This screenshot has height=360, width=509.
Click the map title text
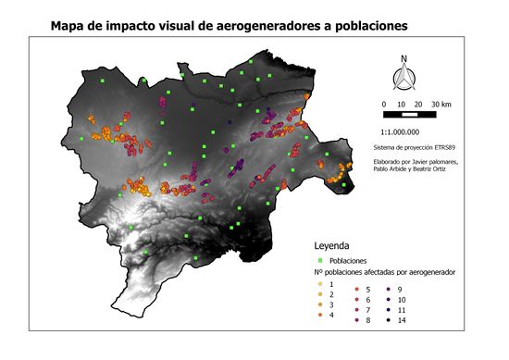[x=230, y=28]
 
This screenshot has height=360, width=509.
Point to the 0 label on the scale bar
[x=384, y=104]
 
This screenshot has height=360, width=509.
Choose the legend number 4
[x=330, y=316]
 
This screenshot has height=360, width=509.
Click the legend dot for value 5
[x=355, y=291]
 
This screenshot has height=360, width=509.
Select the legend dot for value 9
[x=390, y=291]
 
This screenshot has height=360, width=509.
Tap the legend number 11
[x=402, y=310]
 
